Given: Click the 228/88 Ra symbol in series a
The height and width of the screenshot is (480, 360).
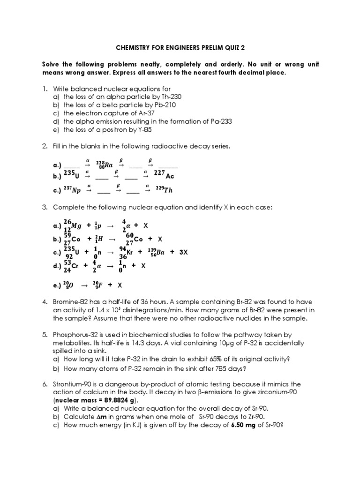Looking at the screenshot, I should (x=105, y=165).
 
